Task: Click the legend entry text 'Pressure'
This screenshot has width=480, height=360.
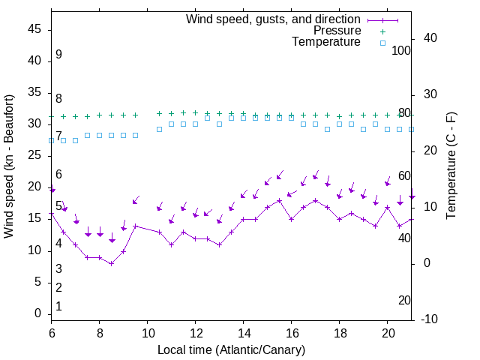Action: tap(337, 31)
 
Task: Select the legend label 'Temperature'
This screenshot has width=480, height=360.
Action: tap(326, 43)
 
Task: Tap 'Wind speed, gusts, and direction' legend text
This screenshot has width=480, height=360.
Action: tap(273, 19)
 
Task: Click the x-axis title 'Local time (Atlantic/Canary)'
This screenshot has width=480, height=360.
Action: tap(231, 349)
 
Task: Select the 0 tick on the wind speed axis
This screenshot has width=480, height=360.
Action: tap(37, 313)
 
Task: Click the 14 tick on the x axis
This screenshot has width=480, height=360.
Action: tap(244, 333)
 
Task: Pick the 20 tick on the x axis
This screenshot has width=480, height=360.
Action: tap(388, 333)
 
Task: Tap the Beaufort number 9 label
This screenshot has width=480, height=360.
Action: tap(58, 55)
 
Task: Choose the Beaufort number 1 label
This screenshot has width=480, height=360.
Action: tap(58, 306)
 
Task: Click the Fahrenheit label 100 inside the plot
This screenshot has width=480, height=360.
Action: tap(402, 50)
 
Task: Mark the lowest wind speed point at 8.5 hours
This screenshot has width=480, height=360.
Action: tap(111, 263)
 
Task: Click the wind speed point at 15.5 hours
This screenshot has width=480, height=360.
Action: tap(279, 200)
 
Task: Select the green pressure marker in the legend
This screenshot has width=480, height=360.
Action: tap(382, 31)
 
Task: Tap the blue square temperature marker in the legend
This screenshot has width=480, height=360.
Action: tap(382, 43)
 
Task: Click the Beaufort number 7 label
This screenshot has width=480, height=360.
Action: tap(58, 136)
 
